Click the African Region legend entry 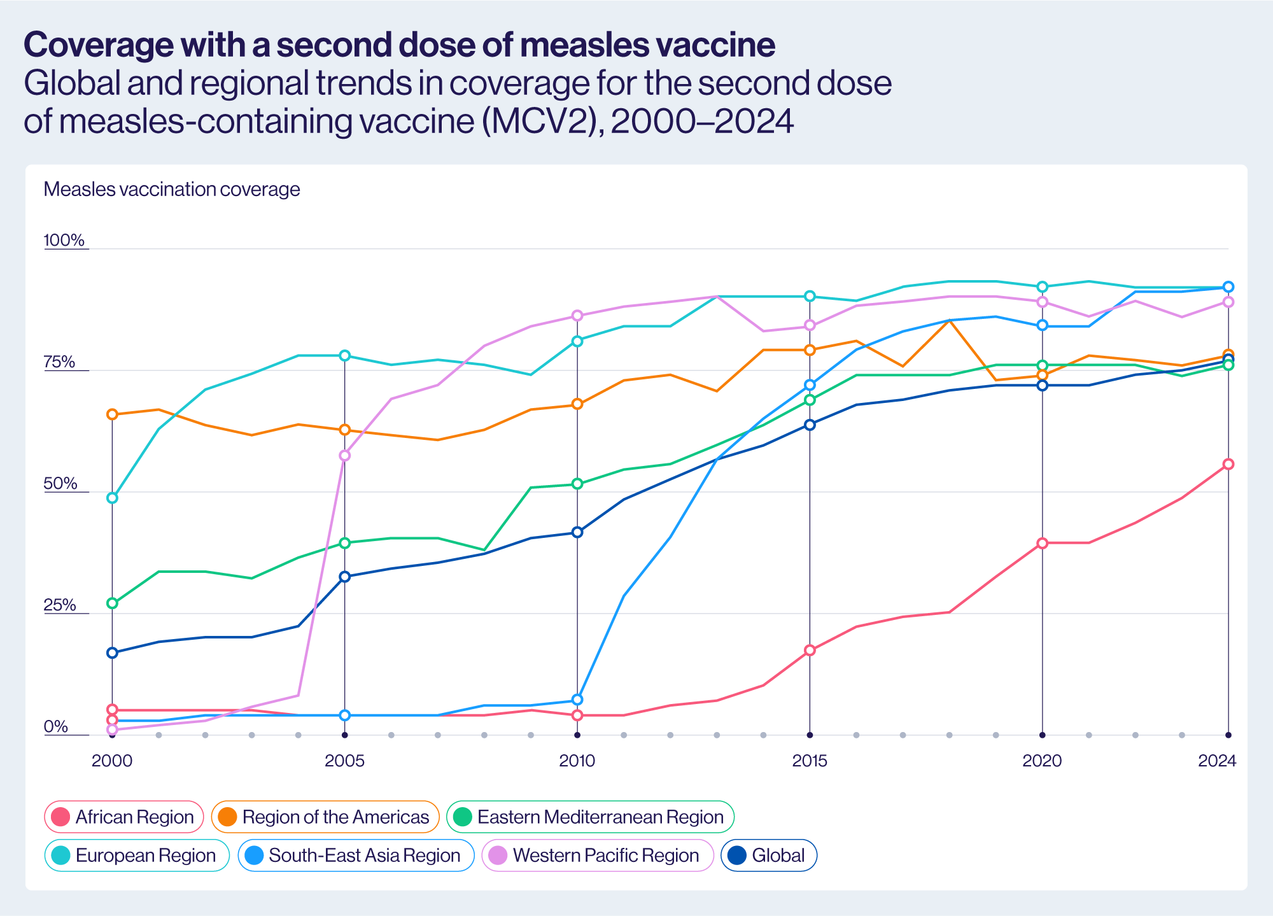(124, 817)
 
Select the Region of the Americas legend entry (325, 817)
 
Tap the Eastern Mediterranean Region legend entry (590, 817)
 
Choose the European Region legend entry (137, 855)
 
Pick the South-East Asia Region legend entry (356, 855)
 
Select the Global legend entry (769, 855)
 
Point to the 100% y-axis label (64, 240)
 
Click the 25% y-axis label (60, 605)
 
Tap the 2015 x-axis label (810, 761)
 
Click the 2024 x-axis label (1217, 761)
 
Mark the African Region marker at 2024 (1228, 464)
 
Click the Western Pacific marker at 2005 (345, 455)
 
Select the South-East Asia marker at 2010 (577, 700)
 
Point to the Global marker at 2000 (113, 652)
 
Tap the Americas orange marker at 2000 (113, 414)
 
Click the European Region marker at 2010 (577, 341)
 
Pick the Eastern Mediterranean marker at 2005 (345, 543)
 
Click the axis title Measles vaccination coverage (172, 189)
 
